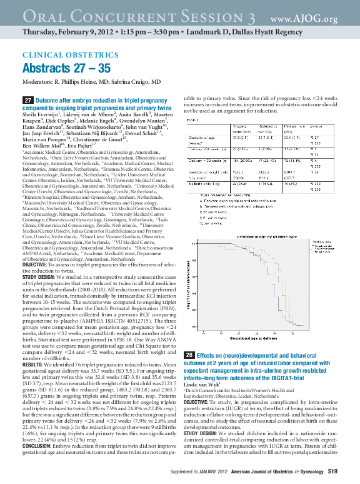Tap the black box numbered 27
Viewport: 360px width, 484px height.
28,100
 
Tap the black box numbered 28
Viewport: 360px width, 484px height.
189,355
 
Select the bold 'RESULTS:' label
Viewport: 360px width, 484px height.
32,364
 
